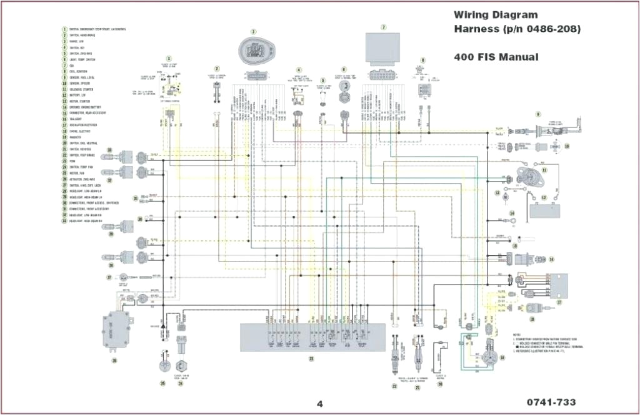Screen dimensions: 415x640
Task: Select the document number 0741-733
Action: coord(551,402)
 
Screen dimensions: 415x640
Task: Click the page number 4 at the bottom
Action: coord(319,403)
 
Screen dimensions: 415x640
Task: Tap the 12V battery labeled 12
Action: coord(544,209)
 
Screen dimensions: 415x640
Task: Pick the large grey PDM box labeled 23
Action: coord(311,337)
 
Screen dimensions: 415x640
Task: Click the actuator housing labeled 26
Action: coord(116,329)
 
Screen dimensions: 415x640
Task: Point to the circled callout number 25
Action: coord(162,384)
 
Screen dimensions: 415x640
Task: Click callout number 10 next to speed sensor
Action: coord(567,146)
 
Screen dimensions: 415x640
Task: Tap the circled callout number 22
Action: coord(394,386)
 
